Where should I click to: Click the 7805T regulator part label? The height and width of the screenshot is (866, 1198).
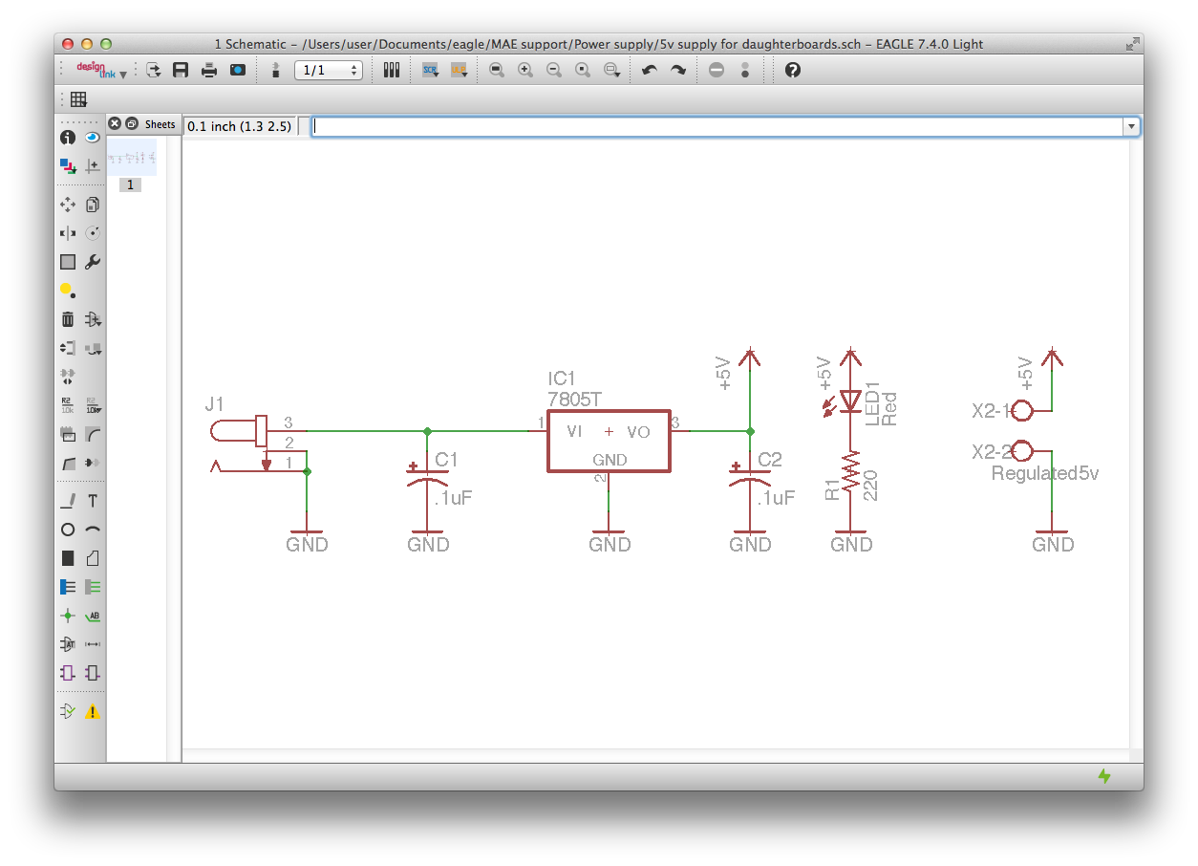tap(574, 399)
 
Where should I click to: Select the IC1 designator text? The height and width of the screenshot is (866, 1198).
tap(563, 379)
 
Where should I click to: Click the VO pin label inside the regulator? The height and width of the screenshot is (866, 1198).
tap(638, 432)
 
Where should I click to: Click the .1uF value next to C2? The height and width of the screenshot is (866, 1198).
tap(775, 498)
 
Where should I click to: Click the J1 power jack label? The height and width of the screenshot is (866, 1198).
tap(215, 404)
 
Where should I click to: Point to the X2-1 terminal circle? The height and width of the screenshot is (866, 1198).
tap(1021, 411)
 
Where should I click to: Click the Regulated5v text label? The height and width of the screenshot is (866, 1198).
tap(1044, 473)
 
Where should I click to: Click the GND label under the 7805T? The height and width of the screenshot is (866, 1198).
tap(610, 545)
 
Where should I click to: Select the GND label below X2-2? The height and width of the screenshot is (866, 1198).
tap(1053, 545)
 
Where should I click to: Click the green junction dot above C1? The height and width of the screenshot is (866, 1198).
tap(427, 431)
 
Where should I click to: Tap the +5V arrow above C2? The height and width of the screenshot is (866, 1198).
tap(750, 357)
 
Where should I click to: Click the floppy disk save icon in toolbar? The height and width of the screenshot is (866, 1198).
tap(180, 70)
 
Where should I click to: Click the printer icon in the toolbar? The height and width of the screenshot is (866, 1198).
tap(208, 70)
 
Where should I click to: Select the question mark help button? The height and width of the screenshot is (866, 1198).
tap(792, 70)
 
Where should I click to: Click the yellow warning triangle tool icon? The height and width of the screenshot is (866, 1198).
tap(93, 711)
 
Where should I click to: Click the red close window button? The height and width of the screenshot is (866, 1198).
tap(68, 44)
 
